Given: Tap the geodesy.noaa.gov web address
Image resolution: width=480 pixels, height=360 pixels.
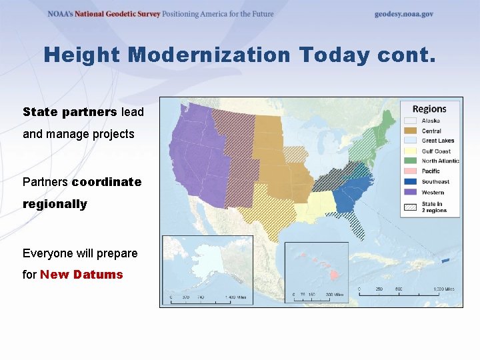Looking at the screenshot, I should [403, 14].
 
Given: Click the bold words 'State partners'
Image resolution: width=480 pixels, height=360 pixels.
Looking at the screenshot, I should [70, 111].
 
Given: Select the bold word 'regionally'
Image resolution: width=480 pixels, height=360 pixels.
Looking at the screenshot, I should [55, 204].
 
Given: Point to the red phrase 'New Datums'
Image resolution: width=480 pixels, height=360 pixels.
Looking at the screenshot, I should [81, 275].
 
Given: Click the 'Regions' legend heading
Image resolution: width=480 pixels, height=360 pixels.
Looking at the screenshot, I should [429, 109].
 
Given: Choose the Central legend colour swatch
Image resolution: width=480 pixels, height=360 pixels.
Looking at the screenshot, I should [411, 131].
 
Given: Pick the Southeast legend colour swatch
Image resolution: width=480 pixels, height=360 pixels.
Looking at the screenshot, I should [411, 181].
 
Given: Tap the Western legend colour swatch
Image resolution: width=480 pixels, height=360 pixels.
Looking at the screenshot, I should [411, 192].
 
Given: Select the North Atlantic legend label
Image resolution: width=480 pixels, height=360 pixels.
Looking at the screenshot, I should [440, 161].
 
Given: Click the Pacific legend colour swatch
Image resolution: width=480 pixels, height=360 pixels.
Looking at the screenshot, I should [411, 171].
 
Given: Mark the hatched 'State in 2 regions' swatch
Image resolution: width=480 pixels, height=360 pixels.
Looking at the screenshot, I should [411, 207].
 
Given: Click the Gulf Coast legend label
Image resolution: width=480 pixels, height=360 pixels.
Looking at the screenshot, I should [436, 151].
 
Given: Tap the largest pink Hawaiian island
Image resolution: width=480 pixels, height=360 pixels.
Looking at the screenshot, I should [334, 275].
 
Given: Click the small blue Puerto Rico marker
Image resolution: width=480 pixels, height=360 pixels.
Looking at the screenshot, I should [446, 260].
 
